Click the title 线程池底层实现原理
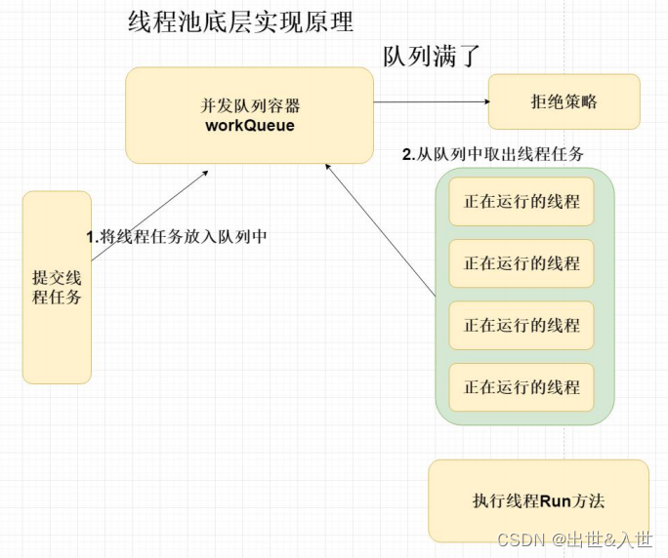(240, 21)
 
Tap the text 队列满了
(433, 56)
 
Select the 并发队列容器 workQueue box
(249, 114)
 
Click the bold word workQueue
(250, 126)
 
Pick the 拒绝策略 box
(564, 101)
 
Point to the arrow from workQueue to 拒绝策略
(430, 101)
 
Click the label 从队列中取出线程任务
(500, 154)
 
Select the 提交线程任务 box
(57, 286)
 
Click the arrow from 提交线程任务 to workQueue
(149, 216)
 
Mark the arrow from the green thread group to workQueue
(381, 230)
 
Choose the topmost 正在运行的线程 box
(522, 202)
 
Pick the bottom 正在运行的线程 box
(522, 387)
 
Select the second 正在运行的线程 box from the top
(522, 263)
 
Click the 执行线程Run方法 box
(538, 501)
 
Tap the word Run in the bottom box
(555, 501)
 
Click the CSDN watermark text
(518, 539)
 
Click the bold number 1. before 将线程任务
(93, 236)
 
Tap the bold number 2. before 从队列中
(409, 154)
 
